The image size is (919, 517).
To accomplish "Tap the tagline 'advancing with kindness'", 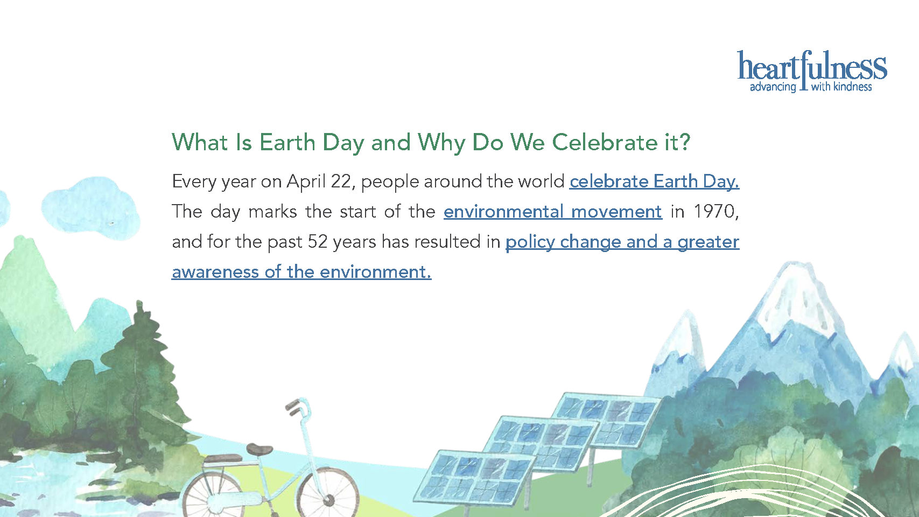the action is pyautogui.click(x=811, y=87).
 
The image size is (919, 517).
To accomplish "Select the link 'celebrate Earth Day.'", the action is pyautogui.click(x=654, y=181).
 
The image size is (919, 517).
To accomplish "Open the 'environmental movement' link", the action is pyautogui.click(x=552, y=212).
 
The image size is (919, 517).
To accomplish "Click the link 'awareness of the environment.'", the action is pyautogui.click(x=301, y=272).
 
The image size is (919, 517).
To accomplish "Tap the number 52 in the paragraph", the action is pyautogui.click(x=317, y=242).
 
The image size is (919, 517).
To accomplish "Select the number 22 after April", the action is pyautogui.click(x=341, y=182).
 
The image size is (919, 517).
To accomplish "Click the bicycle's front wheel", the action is pyautogui.click(x=328, y=494).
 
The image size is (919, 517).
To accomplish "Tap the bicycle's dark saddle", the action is pyautogui.click(x=259, y=449).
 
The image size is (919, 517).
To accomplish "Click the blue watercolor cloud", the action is pyautogui.click(x=91, y=207).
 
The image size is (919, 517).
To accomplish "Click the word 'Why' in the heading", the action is pyautogui.click(x=441, y=143).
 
